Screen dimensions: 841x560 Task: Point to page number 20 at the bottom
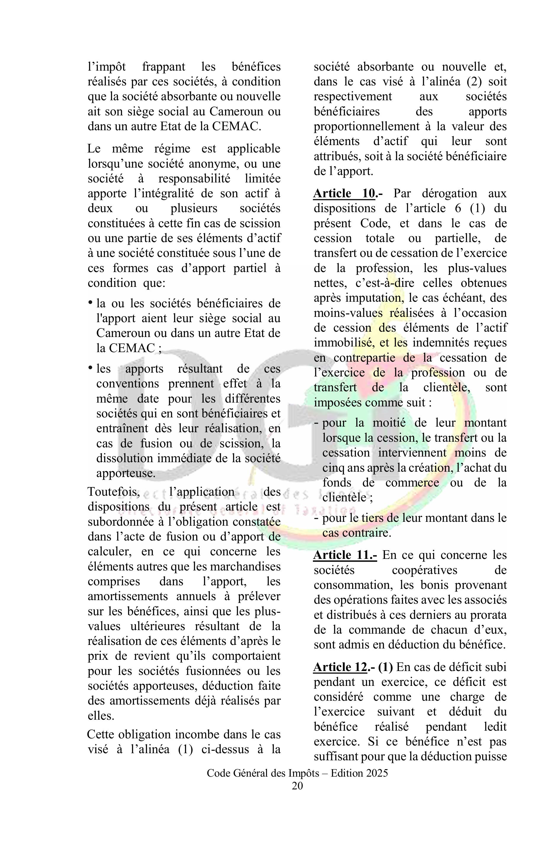pos(297,796)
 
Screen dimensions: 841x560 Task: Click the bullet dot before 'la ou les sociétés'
pos(90,302)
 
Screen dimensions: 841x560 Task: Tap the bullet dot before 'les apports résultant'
pos(90,368)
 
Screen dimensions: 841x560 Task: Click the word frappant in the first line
pos(164,66)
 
